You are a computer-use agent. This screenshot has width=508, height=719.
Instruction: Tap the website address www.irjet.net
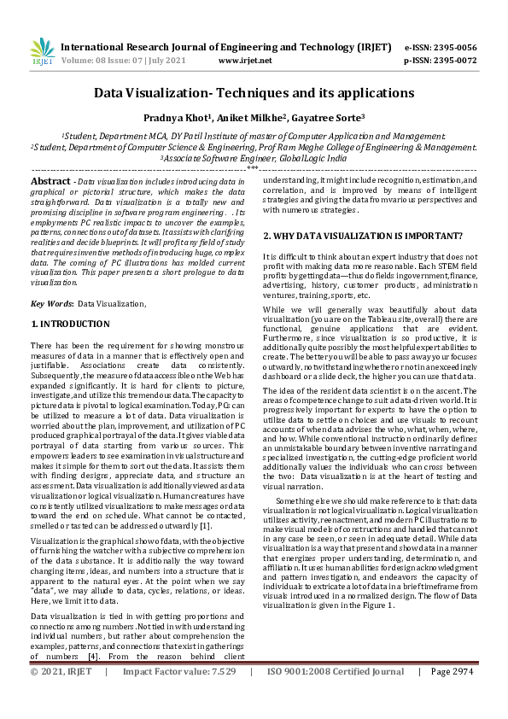point(245,61)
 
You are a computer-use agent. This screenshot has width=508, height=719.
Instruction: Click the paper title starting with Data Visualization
point(254,92)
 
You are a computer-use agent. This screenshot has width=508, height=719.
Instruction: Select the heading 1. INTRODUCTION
point(70,324)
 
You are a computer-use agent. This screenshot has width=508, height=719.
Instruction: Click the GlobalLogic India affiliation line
point(254,158)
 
